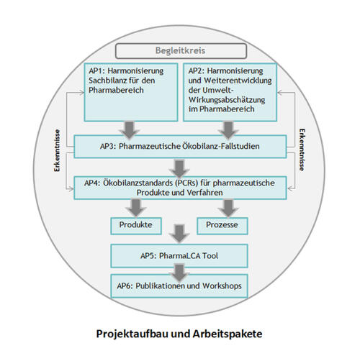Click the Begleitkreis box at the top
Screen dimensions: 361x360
[x=180, y=52]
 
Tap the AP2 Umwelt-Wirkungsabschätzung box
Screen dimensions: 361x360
[x=230, y=93]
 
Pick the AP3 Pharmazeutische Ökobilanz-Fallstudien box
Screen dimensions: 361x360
[x=180, y=147]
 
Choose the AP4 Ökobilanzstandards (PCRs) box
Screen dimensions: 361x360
[x=180, y=187]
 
